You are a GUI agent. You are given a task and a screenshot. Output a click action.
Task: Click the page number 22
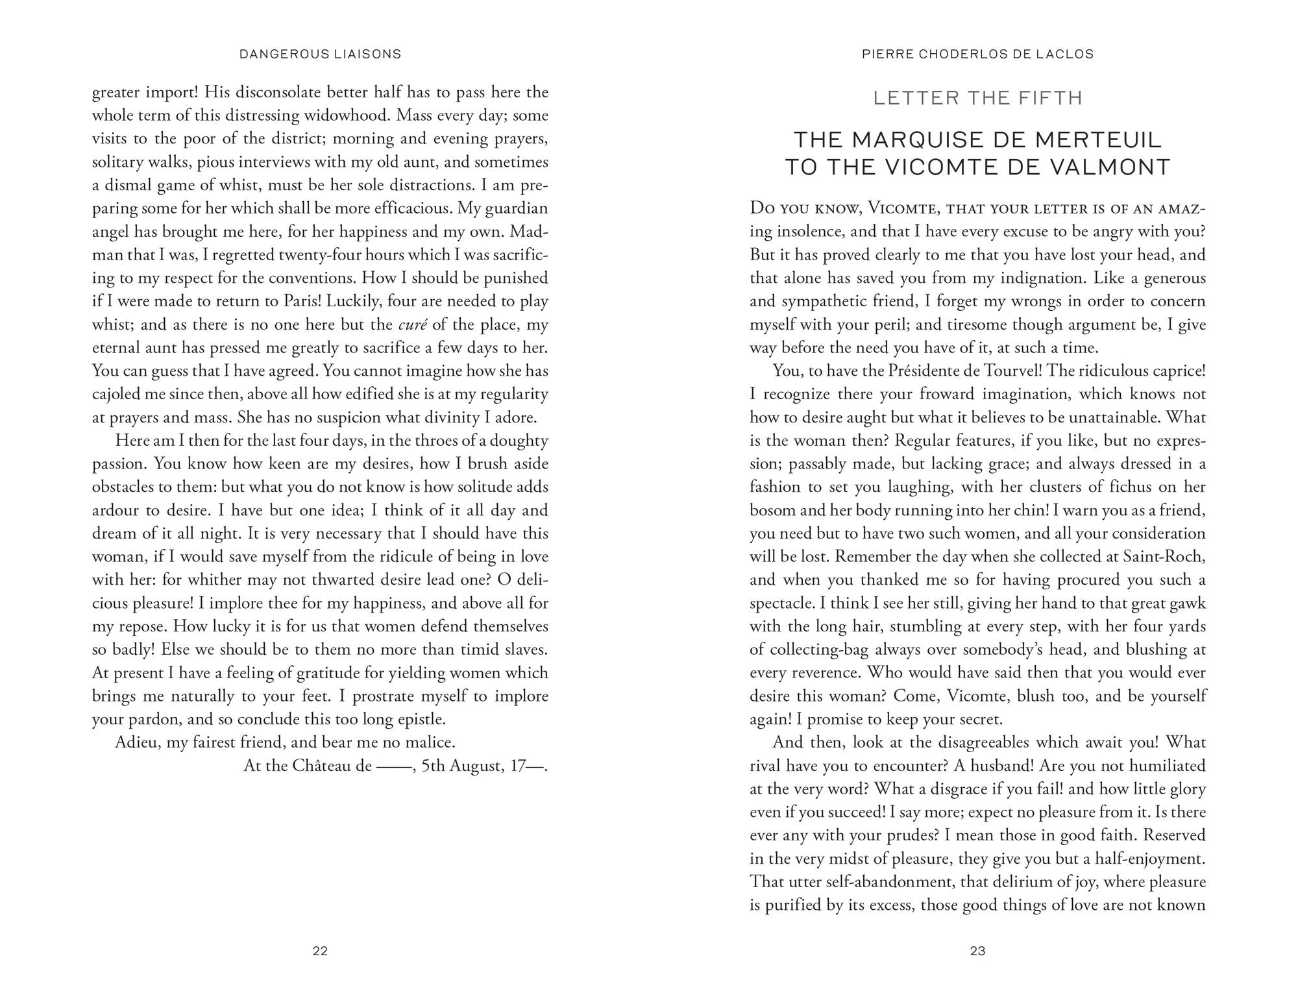(320, 951)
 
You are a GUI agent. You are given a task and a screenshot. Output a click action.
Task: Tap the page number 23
(977, 951)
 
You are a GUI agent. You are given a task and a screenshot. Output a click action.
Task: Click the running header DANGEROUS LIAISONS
(320, 55)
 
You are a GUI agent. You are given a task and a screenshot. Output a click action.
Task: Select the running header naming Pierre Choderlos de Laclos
(977, 55)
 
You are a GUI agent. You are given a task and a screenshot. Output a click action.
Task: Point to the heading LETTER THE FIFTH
(977, 98)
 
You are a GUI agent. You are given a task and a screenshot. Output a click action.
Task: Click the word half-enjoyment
(1150, 859)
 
